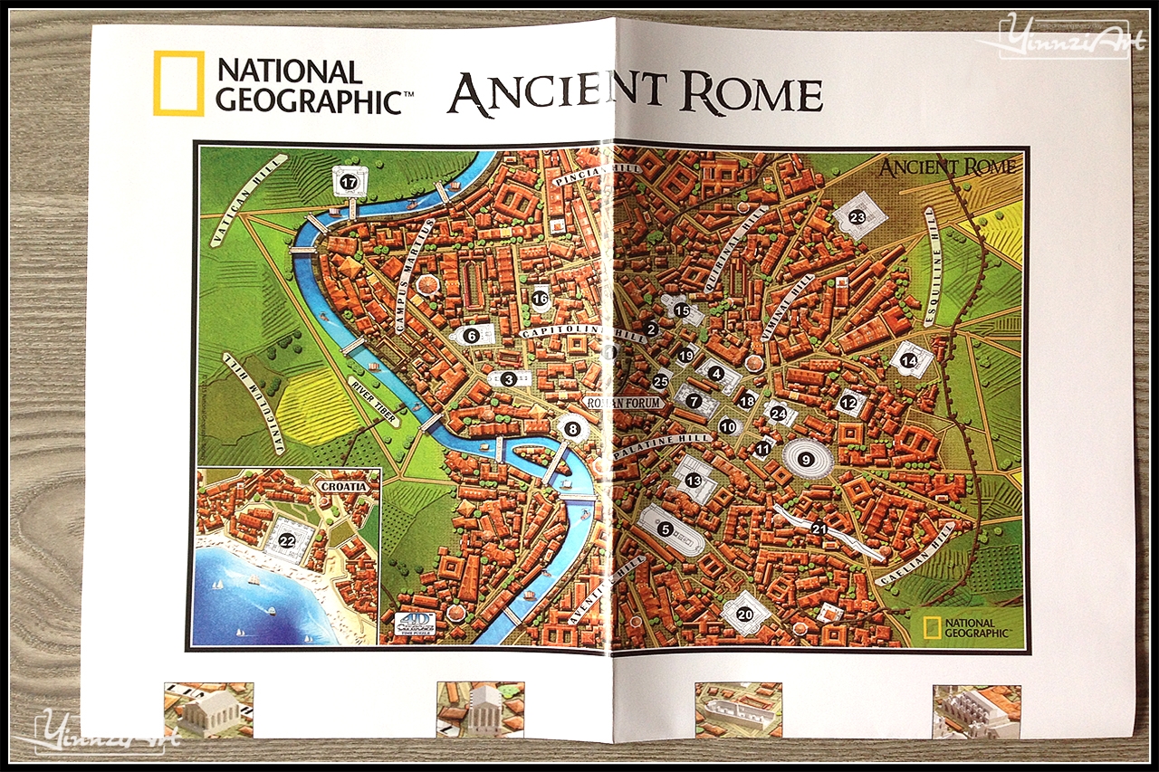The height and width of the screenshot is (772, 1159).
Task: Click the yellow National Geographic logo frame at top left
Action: [x=178, y=83]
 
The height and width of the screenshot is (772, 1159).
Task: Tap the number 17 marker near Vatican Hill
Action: [x=350, y=183]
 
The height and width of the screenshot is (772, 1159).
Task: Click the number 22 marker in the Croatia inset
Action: [x=288, y=541]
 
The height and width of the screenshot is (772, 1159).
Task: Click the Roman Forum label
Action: [x=625, y=402]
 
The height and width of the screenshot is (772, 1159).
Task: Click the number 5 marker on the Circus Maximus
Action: [x=666, y=529]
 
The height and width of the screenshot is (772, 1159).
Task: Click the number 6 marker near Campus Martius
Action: [x=470, y=335]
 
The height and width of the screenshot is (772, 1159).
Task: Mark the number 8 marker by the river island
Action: [x=571, y=429]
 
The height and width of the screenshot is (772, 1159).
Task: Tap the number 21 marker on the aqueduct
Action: [x=819, y=529]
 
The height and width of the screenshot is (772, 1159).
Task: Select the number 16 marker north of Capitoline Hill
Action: [x=541, y=298]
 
